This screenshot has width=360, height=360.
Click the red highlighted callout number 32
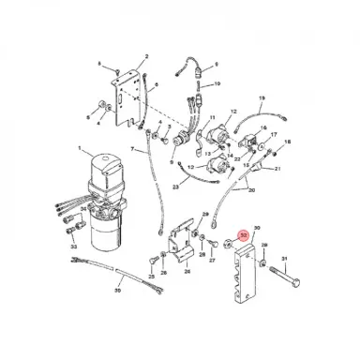[244, 238]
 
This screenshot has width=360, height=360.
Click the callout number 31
[299, 258]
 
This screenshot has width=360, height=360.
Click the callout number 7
[133, 149]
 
